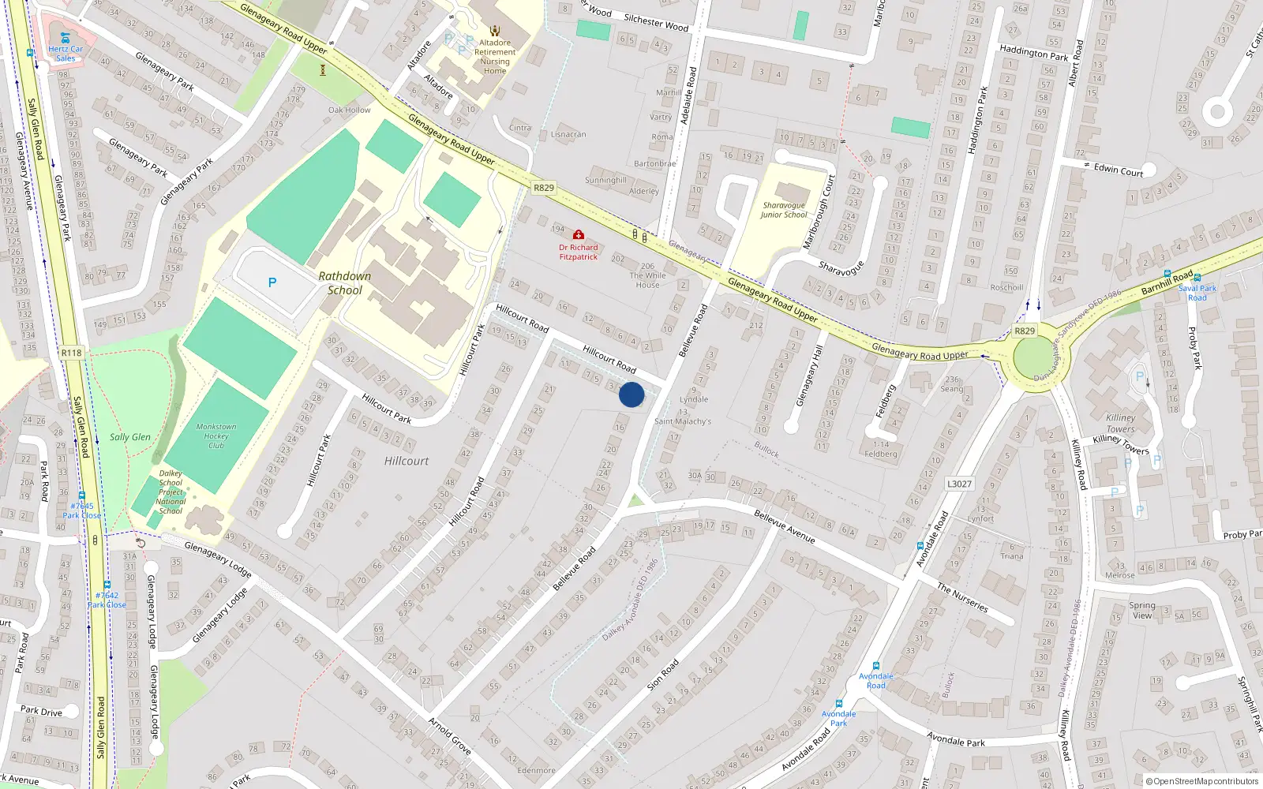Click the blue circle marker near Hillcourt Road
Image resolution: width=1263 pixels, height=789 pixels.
631,394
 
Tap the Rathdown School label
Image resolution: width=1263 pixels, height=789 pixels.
345,283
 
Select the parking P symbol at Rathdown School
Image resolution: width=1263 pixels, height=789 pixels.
272,282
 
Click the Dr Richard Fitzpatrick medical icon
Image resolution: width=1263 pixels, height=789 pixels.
579,235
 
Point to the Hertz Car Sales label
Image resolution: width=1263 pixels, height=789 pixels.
66,53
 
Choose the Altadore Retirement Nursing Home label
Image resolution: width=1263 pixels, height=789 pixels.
495,57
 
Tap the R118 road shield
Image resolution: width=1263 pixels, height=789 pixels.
72,353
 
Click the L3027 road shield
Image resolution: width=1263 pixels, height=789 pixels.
959,484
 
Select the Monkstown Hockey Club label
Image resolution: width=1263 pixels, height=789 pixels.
216,436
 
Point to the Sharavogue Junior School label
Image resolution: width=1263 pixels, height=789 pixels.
784,210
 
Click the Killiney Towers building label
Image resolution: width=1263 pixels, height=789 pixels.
1120,423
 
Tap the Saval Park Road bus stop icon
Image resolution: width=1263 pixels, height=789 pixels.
1197,278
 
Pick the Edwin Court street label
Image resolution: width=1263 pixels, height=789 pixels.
1118,170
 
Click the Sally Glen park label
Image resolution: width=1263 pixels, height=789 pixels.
130,437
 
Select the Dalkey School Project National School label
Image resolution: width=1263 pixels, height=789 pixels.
171,492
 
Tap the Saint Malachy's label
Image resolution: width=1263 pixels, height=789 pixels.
683,421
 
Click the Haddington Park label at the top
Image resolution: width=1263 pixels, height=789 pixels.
1033,53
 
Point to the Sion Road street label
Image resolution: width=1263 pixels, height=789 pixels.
662,675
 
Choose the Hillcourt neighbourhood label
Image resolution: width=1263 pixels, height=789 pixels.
407,461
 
